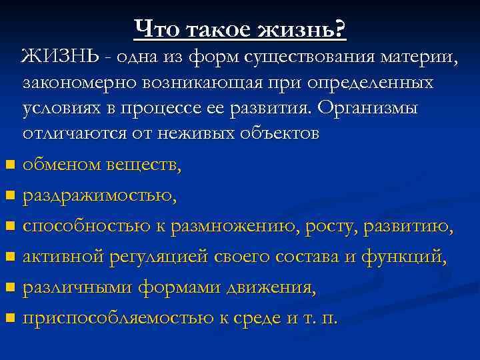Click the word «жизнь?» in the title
[303, 29]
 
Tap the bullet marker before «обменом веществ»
[9, 164]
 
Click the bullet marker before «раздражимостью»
[9, 196]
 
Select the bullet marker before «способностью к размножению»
[9, 227]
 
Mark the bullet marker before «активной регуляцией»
[9, 257]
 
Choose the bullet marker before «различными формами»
[9, 288]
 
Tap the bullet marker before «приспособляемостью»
[9, 319]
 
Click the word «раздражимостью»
[99, 195]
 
